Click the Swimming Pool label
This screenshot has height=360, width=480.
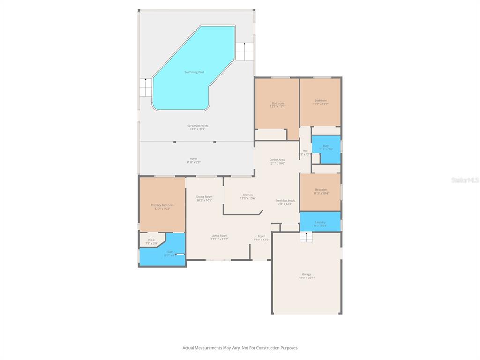coord(194,72)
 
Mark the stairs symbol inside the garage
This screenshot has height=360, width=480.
coord(306,238)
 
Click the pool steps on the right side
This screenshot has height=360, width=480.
coord(244,51)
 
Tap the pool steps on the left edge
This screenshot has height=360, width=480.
coord(145,87)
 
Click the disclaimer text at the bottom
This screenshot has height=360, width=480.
coord(240,348)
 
